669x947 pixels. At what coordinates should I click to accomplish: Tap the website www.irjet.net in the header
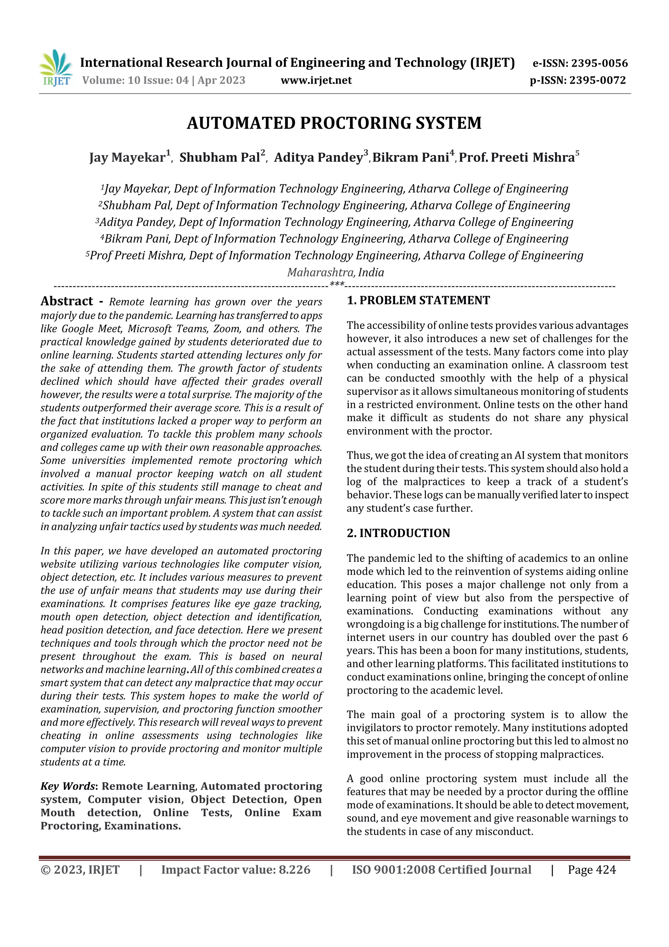[316, 80]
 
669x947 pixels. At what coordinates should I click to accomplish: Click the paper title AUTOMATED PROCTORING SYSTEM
[334, 123]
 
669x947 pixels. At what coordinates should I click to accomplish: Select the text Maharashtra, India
[335, 272]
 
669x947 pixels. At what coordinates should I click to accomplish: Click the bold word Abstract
[67, 301]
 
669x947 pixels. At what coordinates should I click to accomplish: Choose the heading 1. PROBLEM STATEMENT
[418, 300]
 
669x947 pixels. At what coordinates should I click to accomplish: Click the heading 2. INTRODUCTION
[398, 533]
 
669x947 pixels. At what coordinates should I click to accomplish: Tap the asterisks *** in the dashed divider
[337, 285]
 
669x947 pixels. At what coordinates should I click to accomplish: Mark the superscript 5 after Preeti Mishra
[577, 153]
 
